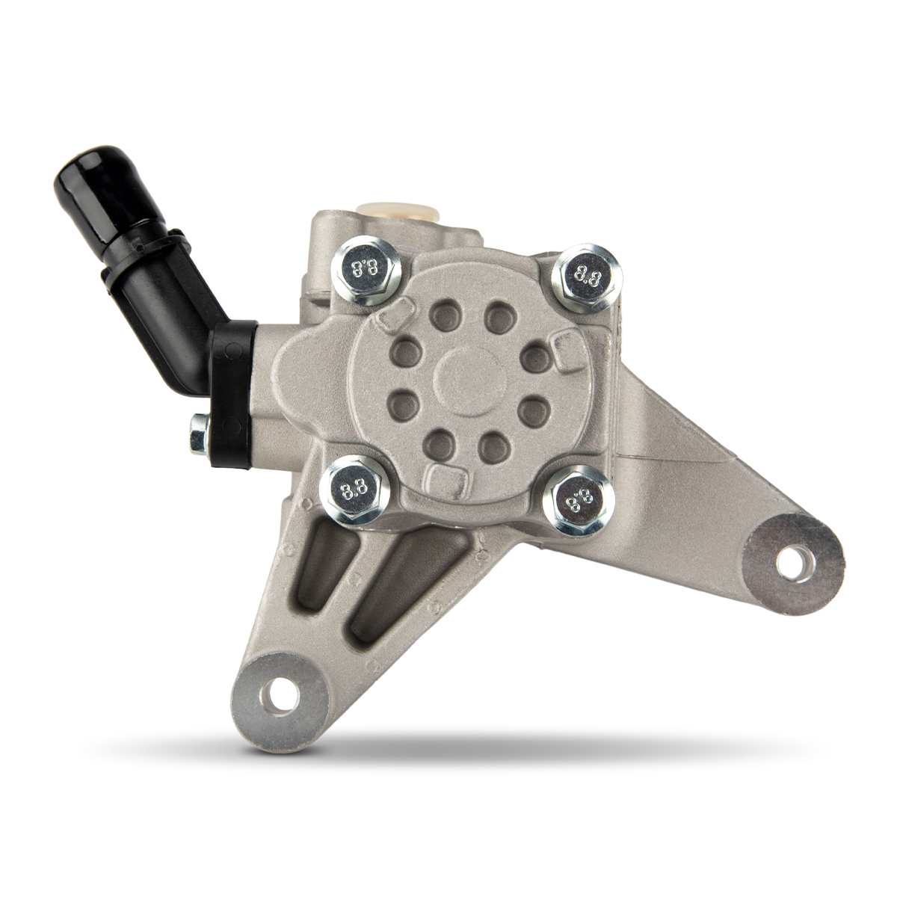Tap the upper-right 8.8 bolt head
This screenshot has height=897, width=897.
tap(585, 275)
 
